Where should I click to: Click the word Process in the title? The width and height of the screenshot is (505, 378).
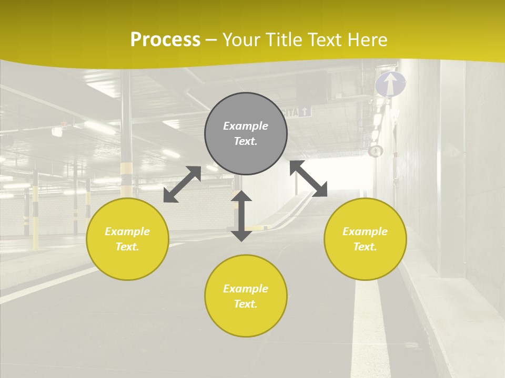click(x=165, y=40)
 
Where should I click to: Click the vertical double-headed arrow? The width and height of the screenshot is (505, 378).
click(x=241, y=216)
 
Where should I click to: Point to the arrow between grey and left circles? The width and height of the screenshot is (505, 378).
click(x=182, y=184)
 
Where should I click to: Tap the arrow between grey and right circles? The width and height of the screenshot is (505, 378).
click(x=308, y=178)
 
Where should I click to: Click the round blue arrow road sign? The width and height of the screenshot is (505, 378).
click(x=390, y=84)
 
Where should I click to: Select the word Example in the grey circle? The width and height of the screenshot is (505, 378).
click(x=246, y=126)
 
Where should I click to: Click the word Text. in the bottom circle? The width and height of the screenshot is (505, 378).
click(x=246, y=304)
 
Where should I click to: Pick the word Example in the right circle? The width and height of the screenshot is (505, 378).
click(x=365, y=232)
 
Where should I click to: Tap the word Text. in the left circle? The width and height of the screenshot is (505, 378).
click(x=127, y=247)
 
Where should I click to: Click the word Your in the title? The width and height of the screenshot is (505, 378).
click(x=240, y=40)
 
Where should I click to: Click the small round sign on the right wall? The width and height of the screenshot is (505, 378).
click(x=375, y=151)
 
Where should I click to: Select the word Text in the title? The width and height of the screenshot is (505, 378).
click(x=325, y=40)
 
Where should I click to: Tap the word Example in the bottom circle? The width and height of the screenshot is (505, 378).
click(x=246, y=289)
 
